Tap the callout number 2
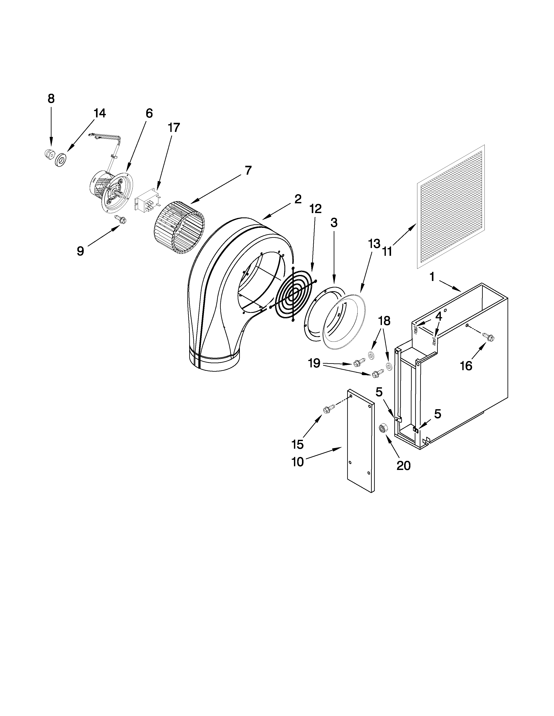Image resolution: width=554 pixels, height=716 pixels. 297,199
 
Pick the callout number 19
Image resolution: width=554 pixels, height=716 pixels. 314,363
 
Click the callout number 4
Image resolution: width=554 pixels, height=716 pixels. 439,316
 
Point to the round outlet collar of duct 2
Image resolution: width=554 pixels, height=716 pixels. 215,363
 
